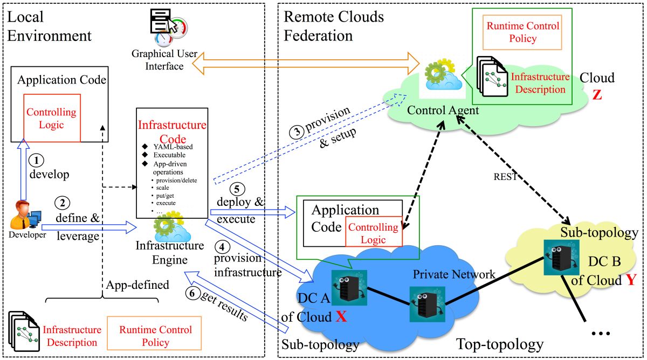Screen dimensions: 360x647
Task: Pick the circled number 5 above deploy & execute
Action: [236, 189]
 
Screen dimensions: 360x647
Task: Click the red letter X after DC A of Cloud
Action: [341, 317]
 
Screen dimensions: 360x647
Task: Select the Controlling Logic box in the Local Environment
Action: [52, 119]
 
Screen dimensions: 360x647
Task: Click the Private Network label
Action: [454, 274]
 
